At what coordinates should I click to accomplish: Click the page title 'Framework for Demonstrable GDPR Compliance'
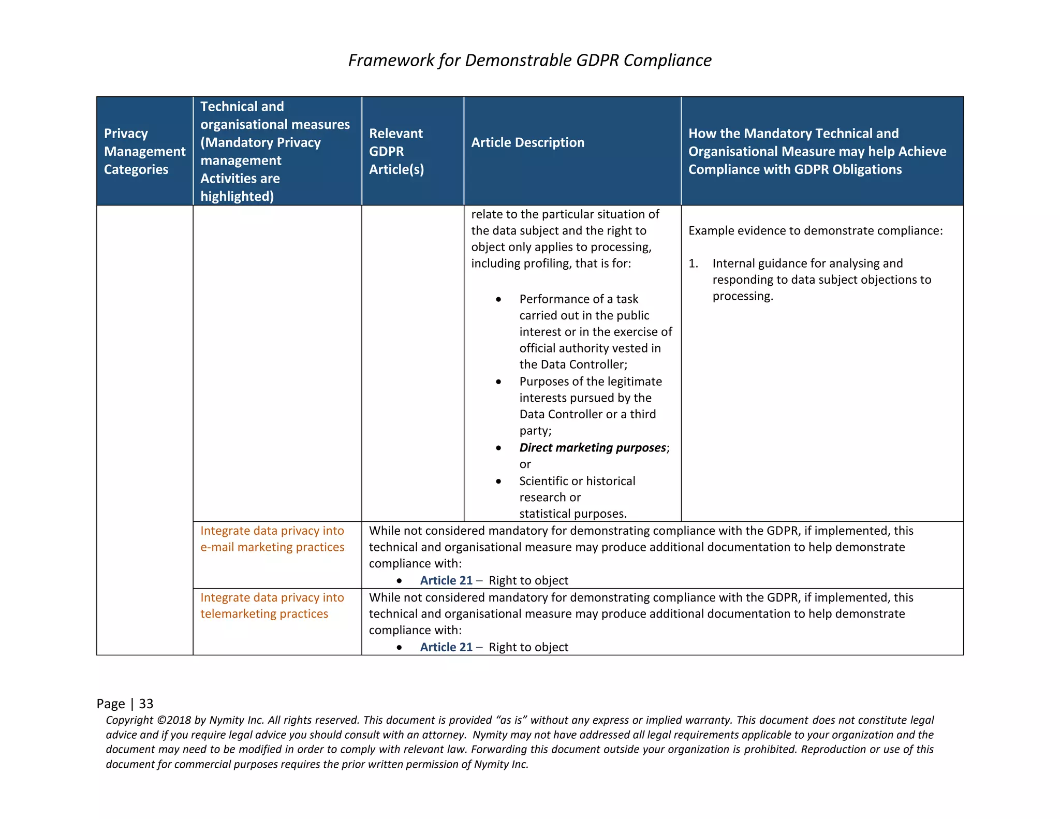529,60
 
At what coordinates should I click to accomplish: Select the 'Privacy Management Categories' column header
144,151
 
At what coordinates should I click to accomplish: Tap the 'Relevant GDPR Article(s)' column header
396,151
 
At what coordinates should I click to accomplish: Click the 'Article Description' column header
527,142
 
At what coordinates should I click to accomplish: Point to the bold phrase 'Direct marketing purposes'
592,447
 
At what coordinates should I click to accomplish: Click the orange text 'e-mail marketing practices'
272,547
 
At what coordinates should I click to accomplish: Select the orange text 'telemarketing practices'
264,614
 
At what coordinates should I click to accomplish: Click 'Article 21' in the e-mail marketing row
446,580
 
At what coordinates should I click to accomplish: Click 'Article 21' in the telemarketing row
446,647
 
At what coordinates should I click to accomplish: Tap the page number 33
146,704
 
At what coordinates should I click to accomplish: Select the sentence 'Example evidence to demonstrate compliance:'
815,230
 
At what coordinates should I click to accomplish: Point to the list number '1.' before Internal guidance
693,264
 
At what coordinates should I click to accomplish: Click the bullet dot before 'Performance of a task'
498,299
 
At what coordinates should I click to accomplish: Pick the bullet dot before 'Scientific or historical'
498,481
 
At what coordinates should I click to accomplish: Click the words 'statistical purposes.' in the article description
572,514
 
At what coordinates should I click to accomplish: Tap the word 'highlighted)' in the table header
237,196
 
